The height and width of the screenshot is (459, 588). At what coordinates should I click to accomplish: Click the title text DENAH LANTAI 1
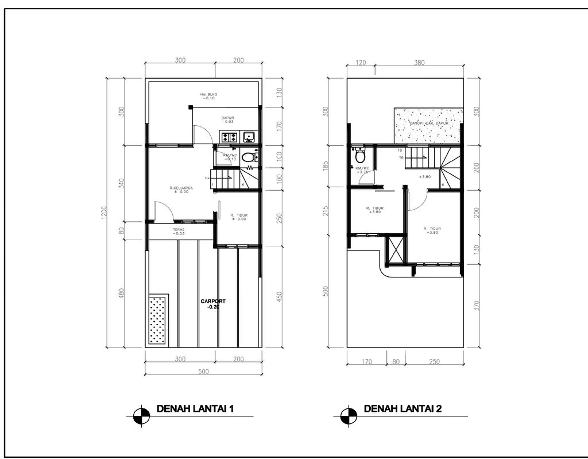tap(195, 409)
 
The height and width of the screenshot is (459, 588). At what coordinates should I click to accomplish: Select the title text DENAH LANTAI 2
tap(403, 409)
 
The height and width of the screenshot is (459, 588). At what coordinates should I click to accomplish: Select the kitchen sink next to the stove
tap(249, 137)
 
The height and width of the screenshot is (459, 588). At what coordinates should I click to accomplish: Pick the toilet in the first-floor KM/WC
tap(248, 157)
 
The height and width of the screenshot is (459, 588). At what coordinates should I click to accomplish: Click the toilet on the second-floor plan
tap(360, 156)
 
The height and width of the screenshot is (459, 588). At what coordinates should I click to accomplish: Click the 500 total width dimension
tap(202, 372)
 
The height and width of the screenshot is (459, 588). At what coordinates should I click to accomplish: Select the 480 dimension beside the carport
tap(121, 294)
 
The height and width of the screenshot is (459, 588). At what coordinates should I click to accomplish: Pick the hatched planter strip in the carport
tap(158, 319)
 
